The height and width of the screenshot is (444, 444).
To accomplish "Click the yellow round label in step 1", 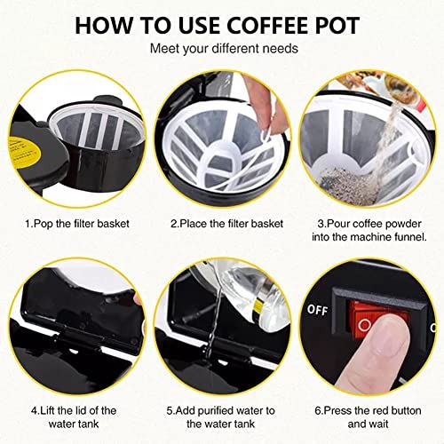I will tap(27, 133).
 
